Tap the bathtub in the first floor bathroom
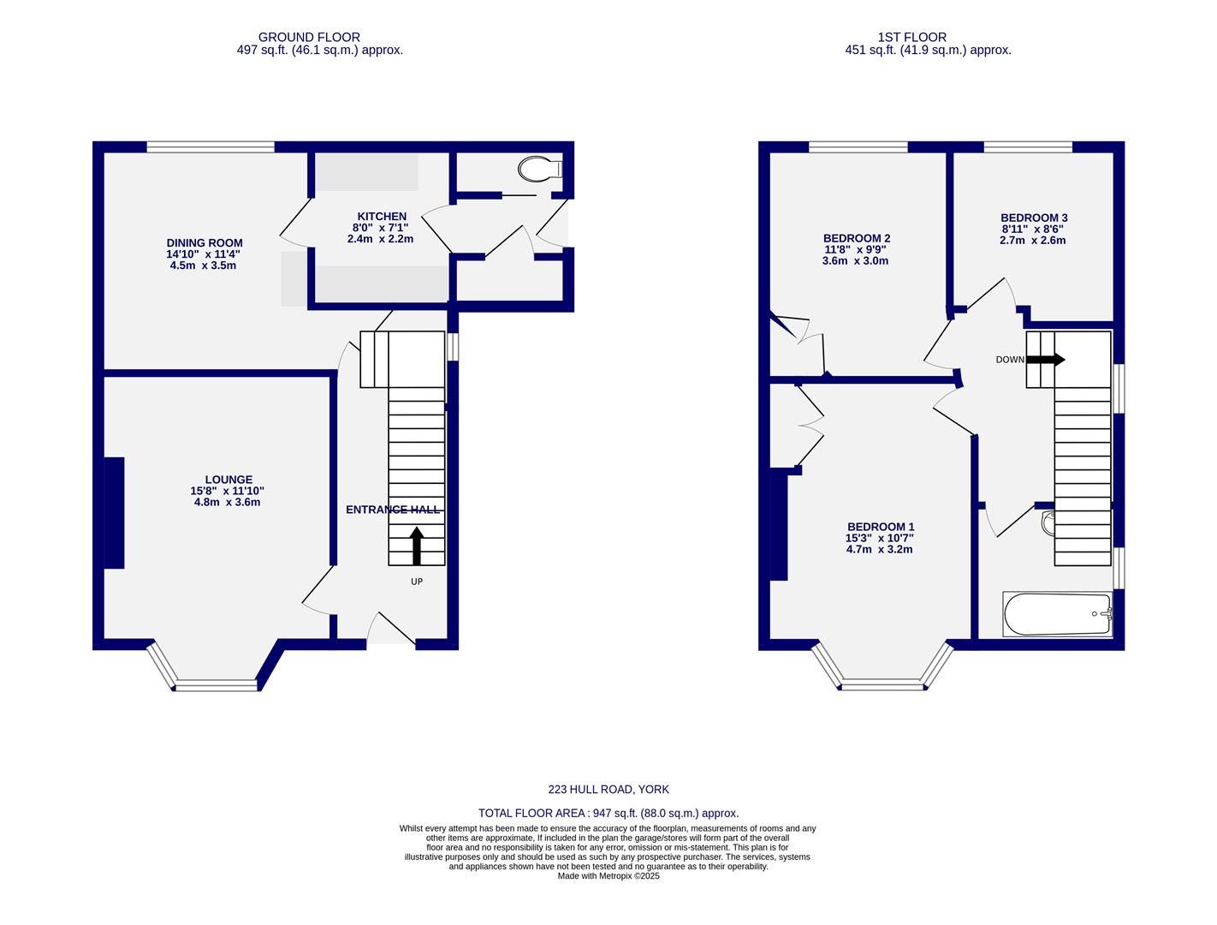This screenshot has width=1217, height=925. coord(1058,614)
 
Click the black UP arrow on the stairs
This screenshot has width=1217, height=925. coord(417,546)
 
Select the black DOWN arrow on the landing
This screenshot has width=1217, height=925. coord(1045,360)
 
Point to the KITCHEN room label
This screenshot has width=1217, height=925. coord(381,217)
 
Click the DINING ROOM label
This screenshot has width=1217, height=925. coord(205,243)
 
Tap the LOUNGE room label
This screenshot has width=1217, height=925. coord(229,480)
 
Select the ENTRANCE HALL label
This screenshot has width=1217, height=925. coord(393,510)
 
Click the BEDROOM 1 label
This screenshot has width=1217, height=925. coord(881,527)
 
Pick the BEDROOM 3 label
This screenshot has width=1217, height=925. coord(1034,218)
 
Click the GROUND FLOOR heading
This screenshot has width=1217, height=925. coord(309,37)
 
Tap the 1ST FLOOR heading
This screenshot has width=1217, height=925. coord(911,37)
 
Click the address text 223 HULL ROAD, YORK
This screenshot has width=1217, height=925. coord(608,790)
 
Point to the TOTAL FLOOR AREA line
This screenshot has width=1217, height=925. coord(608,814)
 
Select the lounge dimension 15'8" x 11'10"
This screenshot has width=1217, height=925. coord(227,491)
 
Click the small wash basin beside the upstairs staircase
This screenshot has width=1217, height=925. coord(1048,523)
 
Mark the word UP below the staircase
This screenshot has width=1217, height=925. coord(417,582)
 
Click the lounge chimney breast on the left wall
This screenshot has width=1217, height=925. coord(114,512)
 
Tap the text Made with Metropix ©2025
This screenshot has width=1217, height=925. coord(608,876)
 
